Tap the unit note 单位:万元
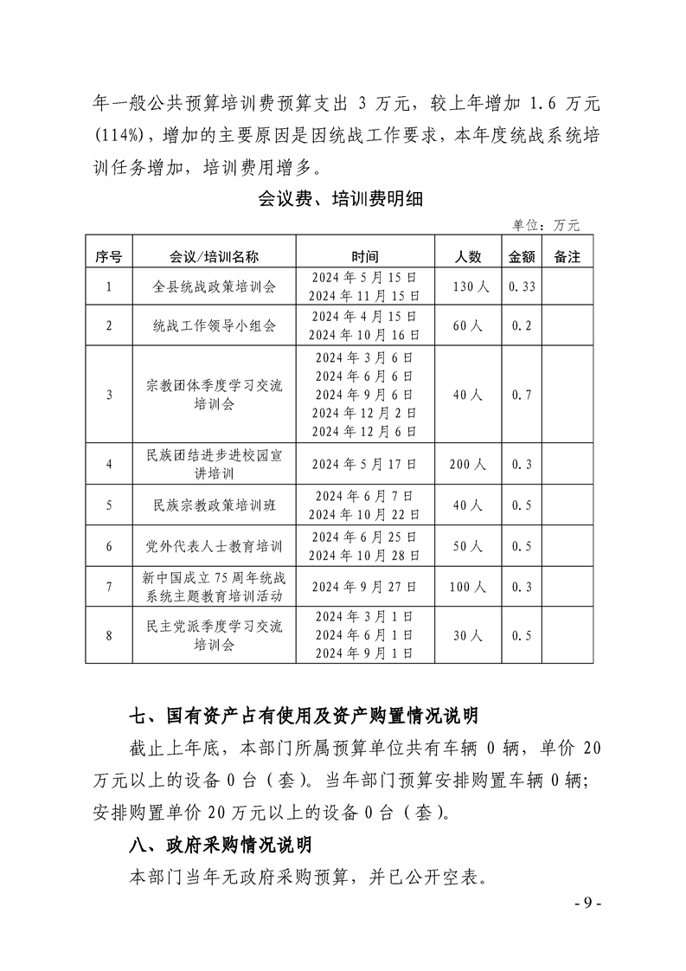(x=546, y=225)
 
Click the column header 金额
(x=522, y=257)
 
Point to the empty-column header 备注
(x=567, y=257)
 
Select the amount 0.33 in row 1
(x=522, y=286)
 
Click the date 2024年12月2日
(x=364, y=412)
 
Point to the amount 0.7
(x=522, y=394)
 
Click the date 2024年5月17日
(x=364, y=465)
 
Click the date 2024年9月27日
(x=364, y=587)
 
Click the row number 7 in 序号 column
(x=109, y=587)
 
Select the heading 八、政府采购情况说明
(x=220, y=845)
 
